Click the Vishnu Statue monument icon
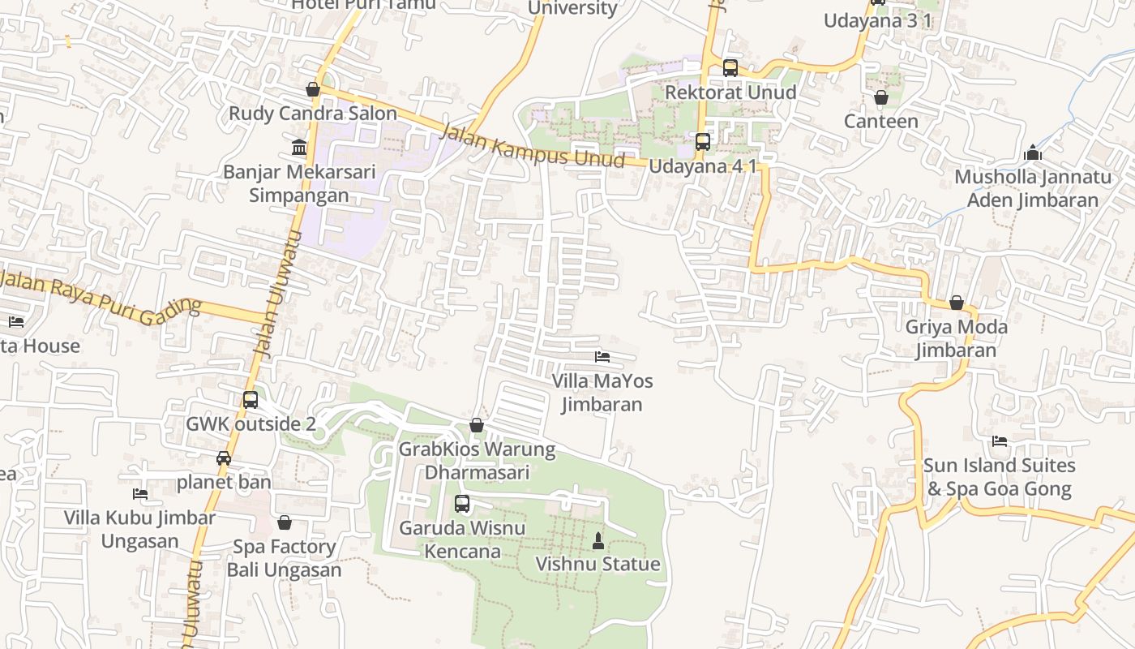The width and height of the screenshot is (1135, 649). point(598,541)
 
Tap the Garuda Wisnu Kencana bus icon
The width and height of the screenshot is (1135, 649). point(462,504)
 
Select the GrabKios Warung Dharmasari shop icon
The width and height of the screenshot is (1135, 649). point(477,425)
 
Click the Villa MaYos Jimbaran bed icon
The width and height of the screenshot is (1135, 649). point(602,356)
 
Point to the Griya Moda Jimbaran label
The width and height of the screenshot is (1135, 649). point(956,339)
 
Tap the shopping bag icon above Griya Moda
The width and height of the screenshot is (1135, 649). point(957,303)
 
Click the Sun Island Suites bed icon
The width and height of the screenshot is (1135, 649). point(1000,441)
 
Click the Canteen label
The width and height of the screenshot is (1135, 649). point(880,121)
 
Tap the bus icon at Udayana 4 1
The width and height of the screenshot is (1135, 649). point(703,142)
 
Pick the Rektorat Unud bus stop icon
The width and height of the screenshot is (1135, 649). point(730,68)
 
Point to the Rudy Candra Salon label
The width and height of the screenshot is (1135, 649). point(313,114)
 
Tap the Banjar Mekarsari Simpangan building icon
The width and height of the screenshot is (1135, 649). point(299,148)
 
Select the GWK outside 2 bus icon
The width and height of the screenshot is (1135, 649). point(251,400)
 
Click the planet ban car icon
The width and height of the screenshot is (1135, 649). point(224,458)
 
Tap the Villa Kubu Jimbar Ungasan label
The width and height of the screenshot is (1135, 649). point(139,529)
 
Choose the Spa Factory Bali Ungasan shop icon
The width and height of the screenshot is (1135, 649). point(284,522)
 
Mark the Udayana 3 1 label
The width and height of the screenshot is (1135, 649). point(877,20)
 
